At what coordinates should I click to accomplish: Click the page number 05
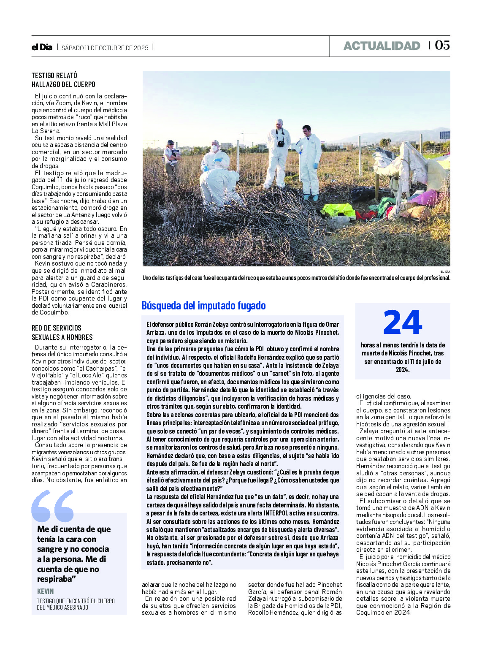coord(442,45)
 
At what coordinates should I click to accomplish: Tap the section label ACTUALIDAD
coord(382,46)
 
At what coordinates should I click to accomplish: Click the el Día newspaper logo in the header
coord(42,47)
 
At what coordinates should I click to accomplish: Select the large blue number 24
coord(402,323)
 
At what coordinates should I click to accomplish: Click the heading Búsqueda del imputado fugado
coord(203,305)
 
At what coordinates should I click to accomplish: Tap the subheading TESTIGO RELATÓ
coord(54,76)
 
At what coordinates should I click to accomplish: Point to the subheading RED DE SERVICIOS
coord(57,328)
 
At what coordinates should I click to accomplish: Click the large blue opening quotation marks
coord(53,505)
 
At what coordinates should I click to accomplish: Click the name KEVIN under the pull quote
coord(46,591)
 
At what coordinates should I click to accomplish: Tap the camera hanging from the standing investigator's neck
coord(281,144)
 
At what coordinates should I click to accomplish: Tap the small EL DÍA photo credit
coord(445,271)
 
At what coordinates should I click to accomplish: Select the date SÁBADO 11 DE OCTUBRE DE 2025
coord(105,48)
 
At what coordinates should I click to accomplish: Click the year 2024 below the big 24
coord(402,370)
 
